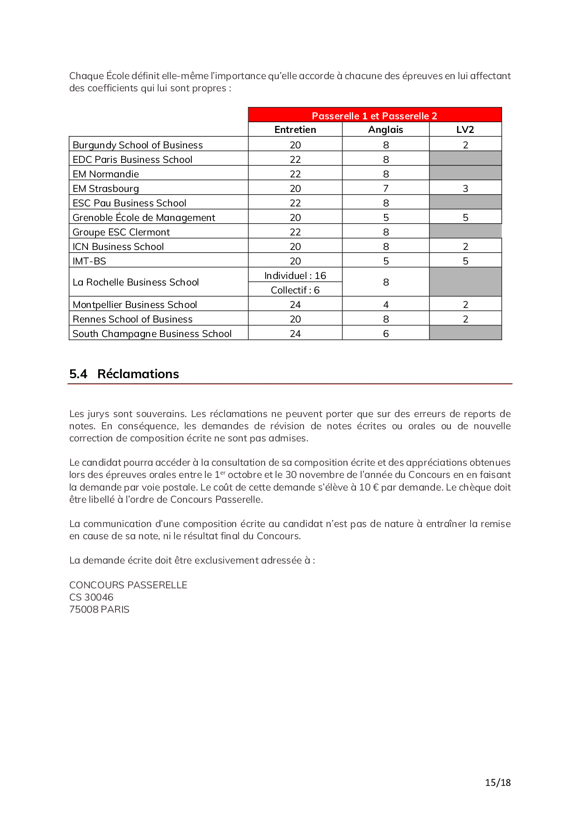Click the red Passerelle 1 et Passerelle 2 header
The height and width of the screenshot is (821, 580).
pyautogui.click(x=374, y=116)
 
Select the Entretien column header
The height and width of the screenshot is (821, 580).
pyautogui.click(x=295, y=130)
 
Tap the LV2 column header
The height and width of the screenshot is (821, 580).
pyautogui.click(x=465, y=130)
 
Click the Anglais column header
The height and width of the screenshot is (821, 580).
pyautogui.click(x=385, y=130)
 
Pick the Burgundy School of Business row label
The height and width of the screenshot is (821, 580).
pyautogui.click(x=138, y=145)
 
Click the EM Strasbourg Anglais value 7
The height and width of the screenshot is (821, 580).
pyautogui.click(x=386, y=189)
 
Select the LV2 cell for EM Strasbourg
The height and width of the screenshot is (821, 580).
pyautogui.click(x=465, y=189)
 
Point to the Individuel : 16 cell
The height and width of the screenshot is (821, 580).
pyautogui.click(x=295, y=276)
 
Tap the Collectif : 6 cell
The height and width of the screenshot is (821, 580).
pyautogui.click(x=295, y=290)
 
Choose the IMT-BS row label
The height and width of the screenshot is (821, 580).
pyautogui.click(x=89, y=261)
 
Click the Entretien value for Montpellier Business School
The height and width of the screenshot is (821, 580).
pyautogui.click(x=295, y=305)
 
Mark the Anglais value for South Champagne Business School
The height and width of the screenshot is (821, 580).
pyautogui.click(x=386, y=334)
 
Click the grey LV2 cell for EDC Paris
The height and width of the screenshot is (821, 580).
pyautogui.click(x=465, y=159)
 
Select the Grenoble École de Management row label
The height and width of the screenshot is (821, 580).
pyautogui.click(x=144, y=218)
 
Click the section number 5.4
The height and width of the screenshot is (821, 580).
pyautogui.click(x=78, y=374)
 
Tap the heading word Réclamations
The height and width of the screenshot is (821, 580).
pyautogui.click(x=138, y=374)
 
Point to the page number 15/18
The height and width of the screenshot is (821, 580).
pyautogui.click(x=498, y=783)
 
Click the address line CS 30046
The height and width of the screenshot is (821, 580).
pyautogui.click(x=91, y=597)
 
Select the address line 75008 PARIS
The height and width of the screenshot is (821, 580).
pyautogui.click(x=99, y=609)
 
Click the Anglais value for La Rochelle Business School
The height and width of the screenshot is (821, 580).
pyautogui.click(x=386, y=282)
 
